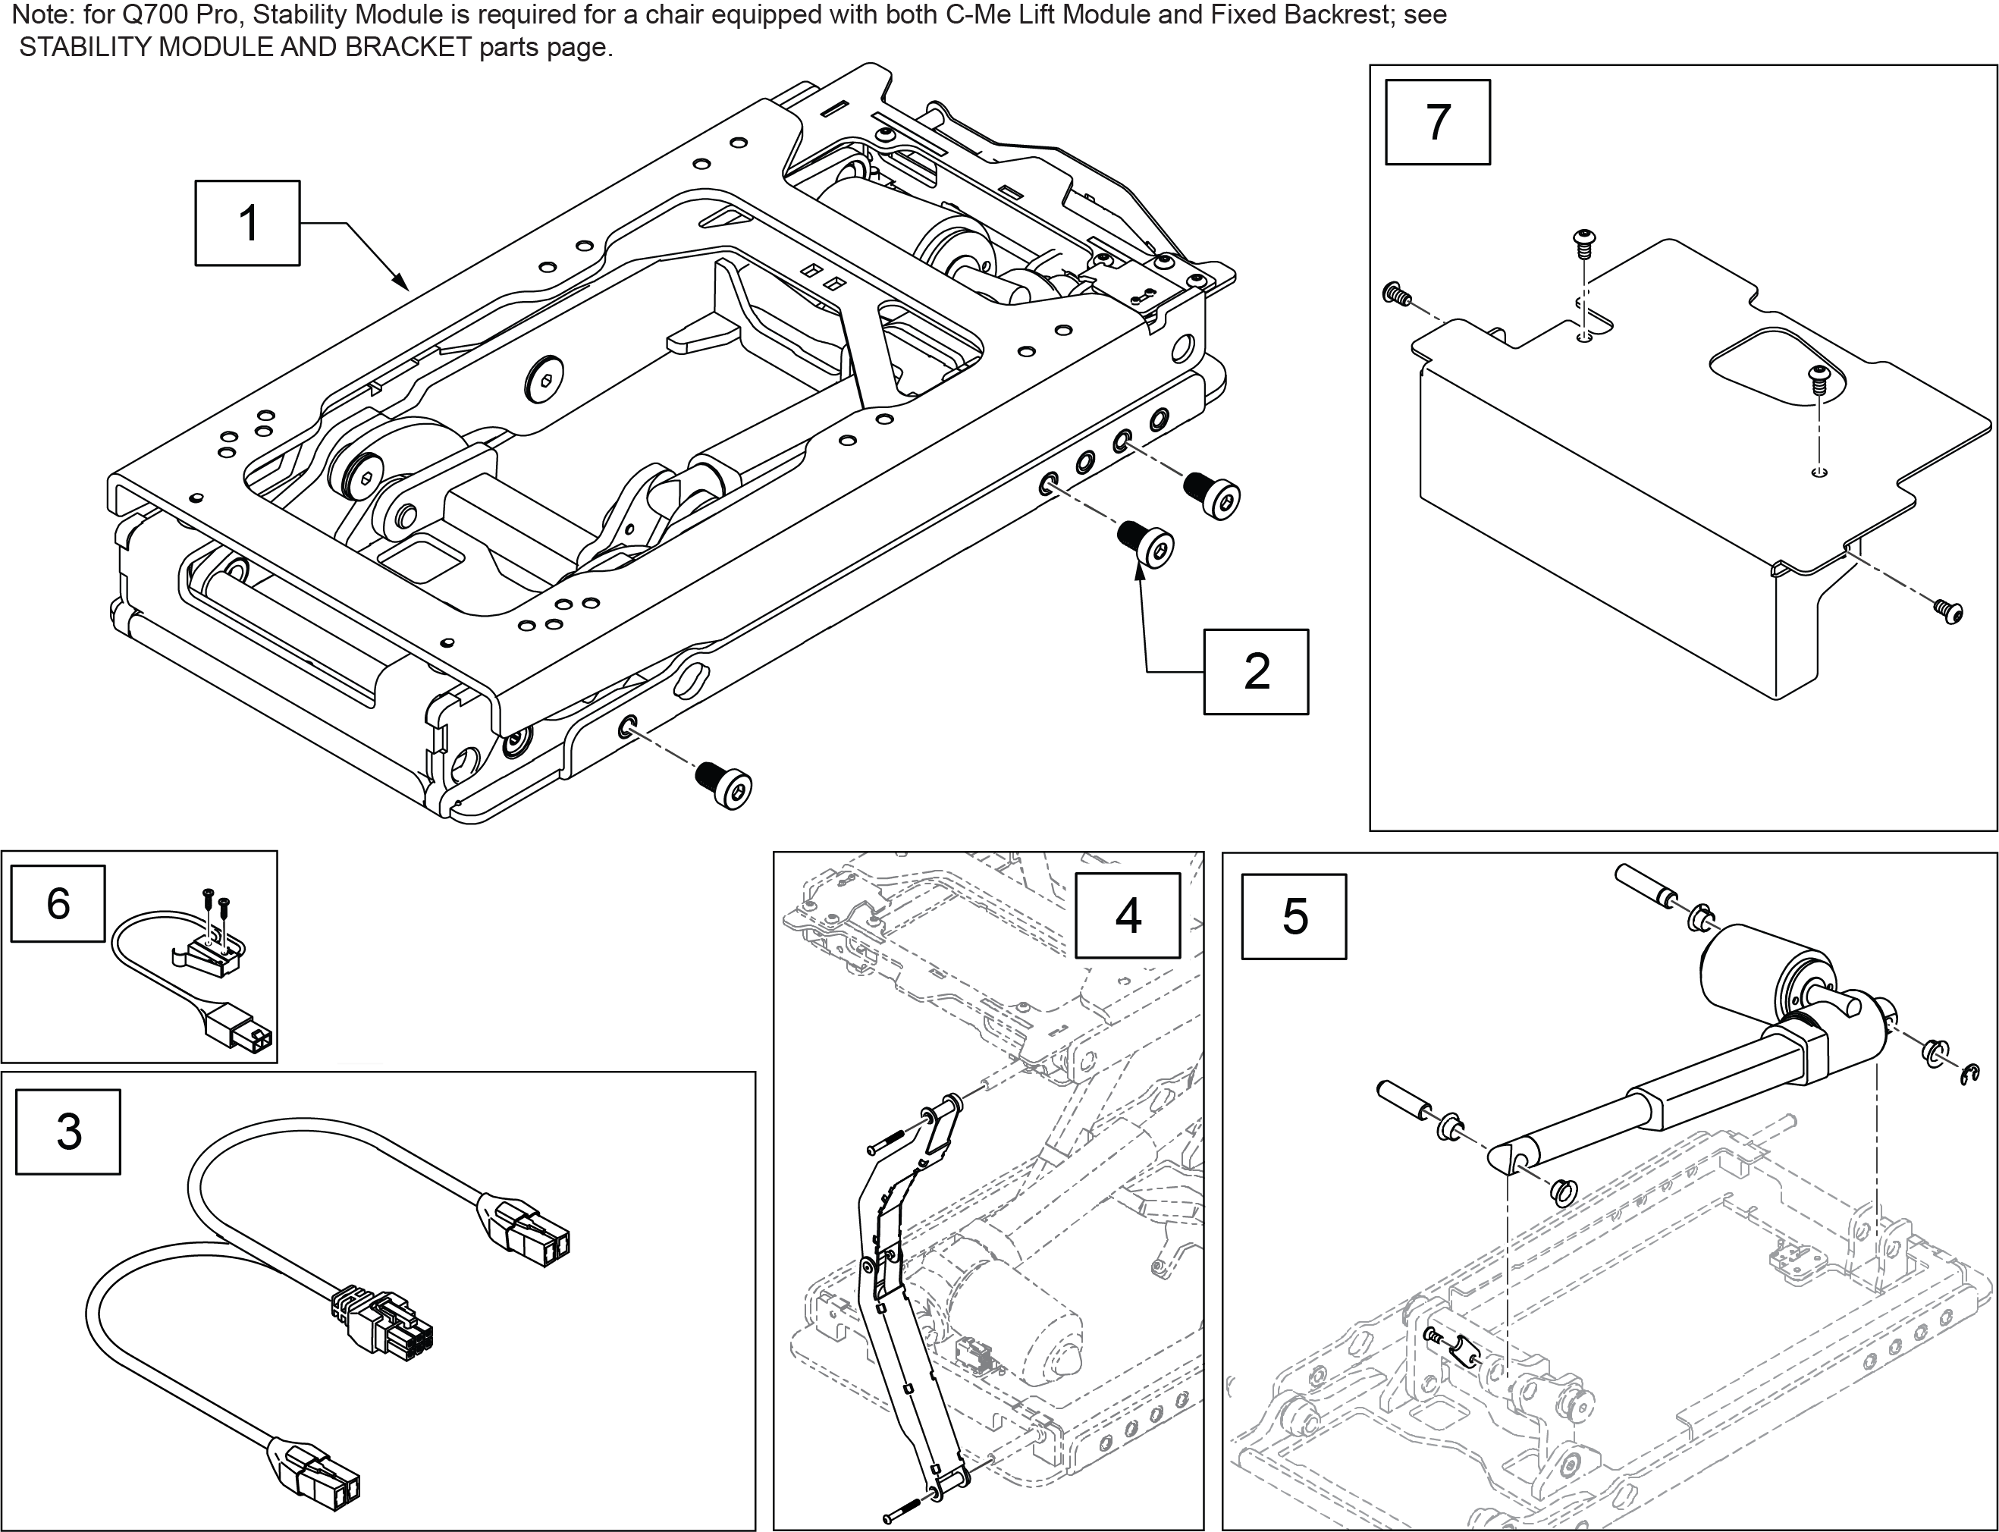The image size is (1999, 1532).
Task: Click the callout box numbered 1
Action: (247, 224)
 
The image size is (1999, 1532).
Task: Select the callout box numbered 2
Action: (1256, 671)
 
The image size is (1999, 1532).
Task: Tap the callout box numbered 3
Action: (68, 1132)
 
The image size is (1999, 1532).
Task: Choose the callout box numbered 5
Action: (1294, 916)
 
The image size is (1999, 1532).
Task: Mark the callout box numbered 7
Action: (1437, 122)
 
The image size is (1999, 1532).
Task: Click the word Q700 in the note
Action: (157, 15)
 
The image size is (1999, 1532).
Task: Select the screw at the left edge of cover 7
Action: (1395, 294)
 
